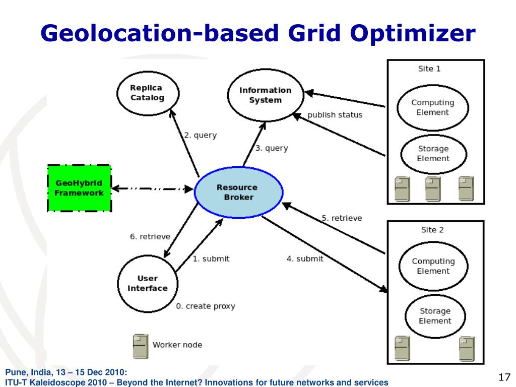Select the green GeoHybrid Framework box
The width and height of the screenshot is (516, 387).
(79, 188)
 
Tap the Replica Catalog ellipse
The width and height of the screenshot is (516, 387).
(147, 93)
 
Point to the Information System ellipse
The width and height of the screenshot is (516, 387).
(265, 95)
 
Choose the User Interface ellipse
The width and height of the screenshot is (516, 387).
(147, 283)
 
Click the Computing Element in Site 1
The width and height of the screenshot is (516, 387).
(432, 107)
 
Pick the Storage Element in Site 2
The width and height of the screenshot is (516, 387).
(435, 316)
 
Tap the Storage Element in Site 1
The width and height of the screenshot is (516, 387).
(433, 153)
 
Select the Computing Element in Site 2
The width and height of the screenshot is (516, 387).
(433, 266)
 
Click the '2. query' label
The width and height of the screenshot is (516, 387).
(200, 135)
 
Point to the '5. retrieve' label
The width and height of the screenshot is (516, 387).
(342, 218)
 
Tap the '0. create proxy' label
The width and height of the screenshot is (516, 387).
(205, 306)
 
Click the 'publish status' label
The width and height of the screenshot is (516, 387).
(335, 115)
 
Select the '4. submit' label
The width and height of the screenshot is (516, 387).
(305, 259)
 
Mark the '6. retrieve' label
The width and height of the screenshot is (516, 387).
(150, 236)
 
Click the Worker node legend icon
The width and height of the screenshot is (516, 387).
(140, 345)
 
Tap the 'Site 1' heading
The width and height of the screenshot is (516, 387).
(429, 69)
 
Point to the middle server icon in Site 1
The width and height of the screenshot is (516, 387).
(432, 188)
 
